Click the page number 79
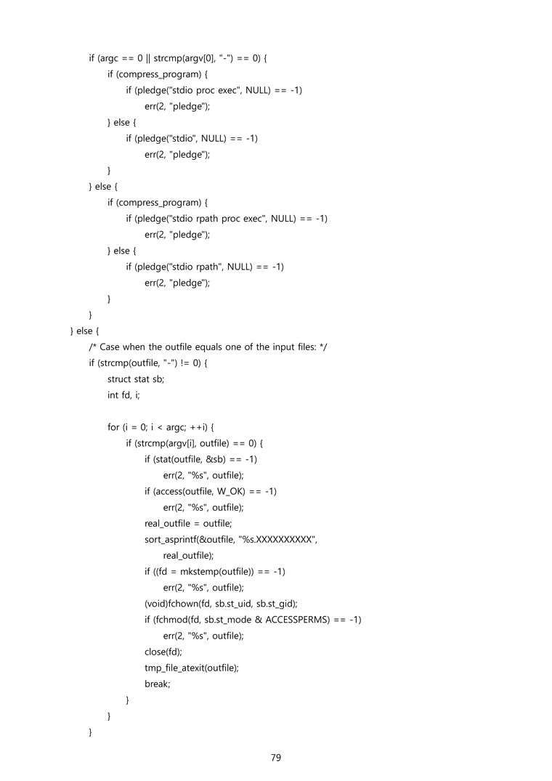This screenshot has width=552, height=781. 276,758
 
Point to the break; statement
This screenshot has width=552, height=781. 157,683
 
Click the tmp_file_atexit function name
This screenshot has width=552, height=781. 174,667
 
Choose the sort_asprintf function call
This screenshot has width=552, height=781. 171,539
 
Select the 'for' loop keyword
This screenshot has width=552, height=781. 113,427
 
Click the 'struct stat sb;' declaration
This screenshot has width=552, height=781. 136,379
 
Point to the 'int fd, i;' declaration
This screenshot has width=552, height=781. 123,395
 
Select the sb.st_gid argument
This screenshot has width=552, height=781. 277,603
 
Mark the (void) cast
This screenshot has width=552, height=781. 156,603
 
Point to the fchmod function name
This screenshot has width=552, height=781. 171,619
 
